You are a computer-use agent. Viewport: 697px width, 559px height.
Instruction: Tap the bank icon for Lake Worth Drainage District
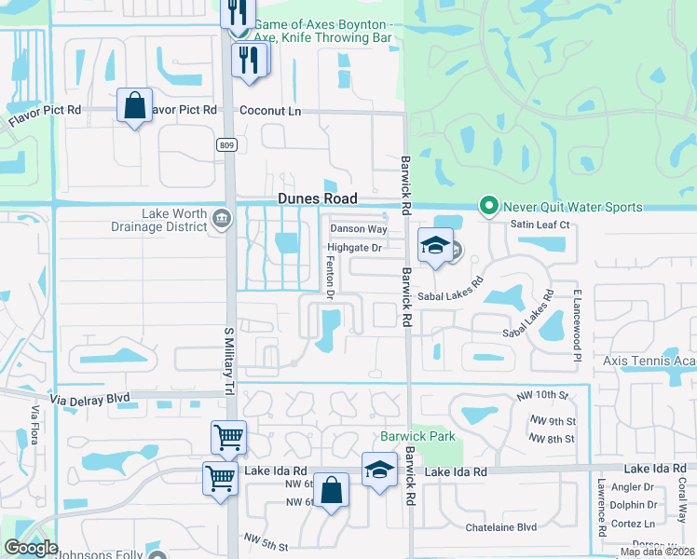click(x=222, y=220)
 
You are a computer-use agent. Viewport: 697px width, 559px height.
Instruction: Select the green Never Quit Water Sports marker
click(x=485, y=206)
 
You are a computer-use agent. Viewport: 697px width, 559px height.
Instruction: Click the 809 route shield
click(x=226, y=144)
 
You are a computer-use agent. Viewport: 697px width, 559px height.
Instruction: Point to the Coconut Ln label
click(x=271, y=110)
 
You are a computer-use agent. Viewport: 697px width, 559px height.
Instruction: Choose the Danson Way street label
click(x=359, y=229)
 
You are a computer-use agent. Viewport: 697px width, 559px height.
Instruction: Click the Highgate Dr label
click(x=354, y=248)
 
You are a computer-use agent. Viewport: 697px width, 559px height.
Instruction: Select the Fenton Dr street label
click(x=330, y=278)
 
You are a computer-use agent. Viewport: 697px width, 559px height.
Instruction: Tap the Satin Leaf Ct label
click(x=540, y=225)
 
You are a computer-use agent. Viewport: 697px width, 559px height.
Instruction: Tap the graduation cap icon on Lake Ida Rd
click(x=379, y=470)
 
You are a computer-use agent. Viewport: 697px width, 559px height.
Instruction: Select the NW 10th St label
click(x=542, y=396)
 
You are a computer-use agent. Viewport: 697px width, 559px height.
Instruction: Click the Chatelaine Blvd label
click(x=501, y=527)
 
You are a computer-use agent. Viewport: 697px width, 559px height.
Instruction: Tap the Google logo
click(x=31, y=549)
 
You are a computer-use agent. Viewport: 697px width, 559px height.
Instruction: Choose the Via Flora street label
click(x=34, y=426)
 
